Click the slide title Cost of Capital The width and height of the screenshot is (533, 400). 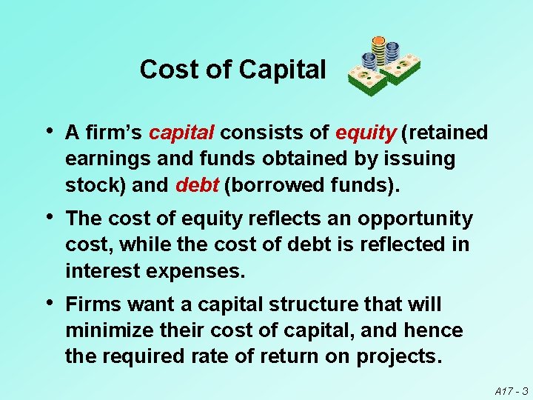[x=232, y=70]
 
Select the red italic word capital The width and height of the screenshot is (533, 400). [x=181, y=133]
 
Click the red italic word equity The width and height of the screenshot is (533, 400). [x=365, y=133]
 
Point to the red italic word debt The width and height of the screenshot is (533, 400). [x=196, y=184]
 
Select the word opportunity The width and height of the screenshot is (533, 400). [x=415, y=219]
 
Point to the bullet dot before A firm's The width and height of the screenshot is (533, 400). [x=48, y=131]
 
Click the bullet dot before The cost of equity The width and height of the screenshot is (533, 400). [x=48, y=218]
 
